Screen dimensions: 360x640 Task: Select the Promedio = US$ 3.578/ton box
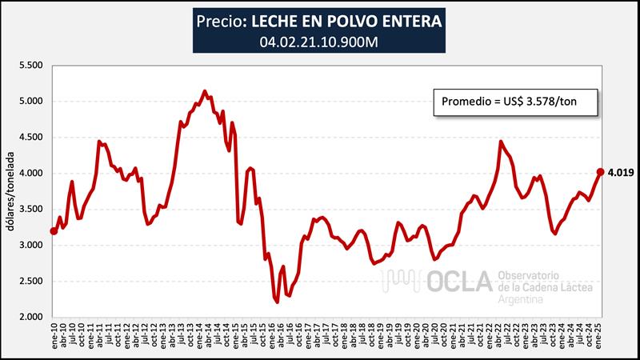(509, 102)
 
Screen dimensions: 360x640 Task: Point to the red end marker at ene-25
(600, 171)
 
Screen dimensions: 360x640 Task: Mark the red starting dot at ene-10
(54, 231)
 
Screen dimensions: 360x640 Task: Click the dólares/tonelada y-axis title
(11, 190)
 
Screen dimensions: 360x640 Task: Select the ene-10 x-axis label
(54, 338)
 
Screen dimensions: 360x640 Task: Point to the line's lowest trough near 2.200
(277, 302)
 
